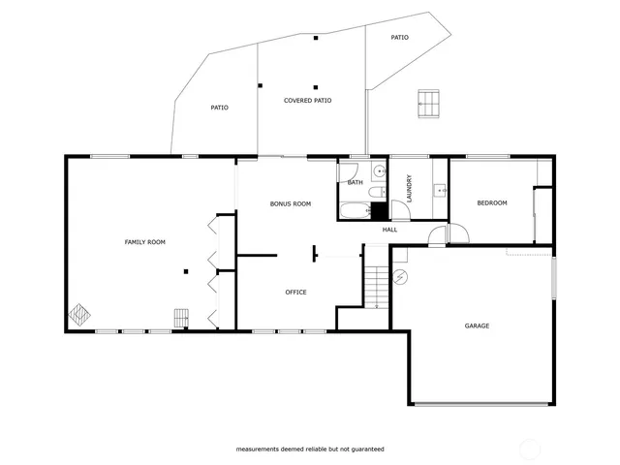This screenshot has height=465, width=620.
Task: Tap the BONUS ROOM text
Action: click(x=290, y=203)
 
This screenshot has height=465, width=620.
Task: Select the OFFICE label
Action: click(x=295, y=292)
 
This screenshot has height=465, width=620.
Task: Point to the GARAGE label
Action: click(x=476, y=325)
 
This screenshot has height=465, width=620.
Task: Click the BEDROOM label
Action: click(x=491, y=202)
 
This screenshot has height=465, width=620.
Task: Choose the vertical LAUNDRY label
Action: click(x=410, y=187)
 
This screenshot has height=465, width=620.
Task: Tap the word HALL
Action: click(x=389, y=230)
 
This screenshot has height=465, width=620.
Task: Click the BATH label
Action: click(x=355, y=182)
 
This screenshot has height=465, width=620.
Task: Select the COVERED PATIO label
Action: click(x=307, y=100)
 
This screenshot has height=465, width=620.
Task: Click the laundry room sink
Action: click(x=440, y=190)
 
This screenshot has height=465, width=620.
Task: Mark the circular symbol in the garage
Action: click(x=401, y=277)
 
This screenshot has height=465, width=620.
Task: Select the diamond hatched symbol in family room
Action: click(x=79, y=316)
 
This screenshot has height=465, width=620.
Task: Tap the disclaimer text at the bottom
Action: click(x=310, y=449)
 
